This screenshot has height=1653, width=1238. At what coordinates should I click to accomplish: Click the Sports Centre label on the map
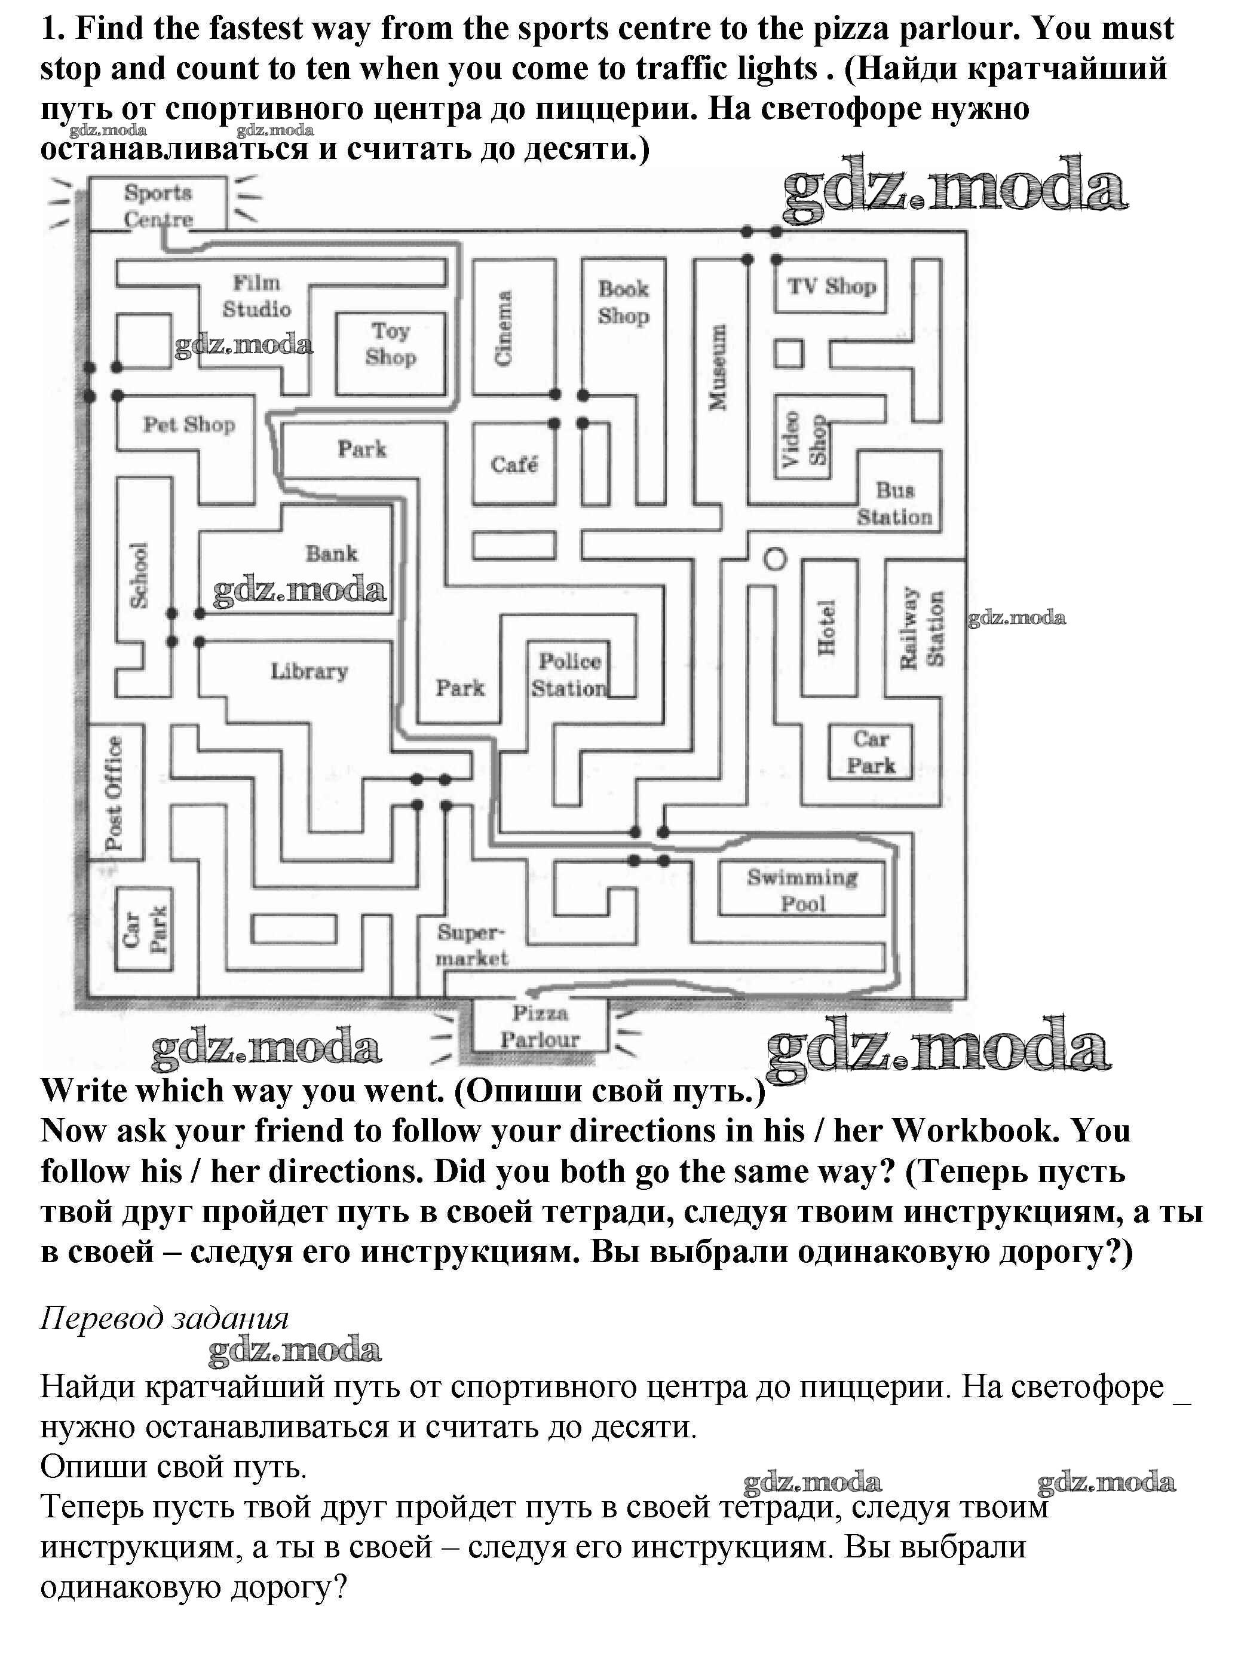coord(158,206)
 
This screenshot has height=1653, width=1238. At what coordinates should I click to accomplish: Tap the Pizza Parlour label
coord(540,1026)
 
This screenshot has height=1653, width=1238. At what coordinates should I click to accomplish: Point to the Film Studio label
coord(256,296)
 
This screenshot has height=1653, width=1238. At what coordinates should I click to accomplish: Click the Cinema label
coord(504,328)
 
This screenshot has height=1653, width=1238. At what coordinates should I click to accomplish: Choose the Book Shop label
coord(623,302)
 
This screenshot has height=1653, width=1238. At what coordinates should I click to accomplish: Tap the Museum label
coord(717,367)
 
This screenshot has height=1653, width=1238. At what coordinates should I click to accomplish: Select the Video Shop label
coord(804,439)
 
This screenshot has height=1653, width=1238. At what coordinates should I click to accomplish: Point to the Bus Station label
coord(894,503)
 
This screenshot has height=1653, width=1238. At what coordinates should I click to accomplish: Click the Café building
coord(514,464)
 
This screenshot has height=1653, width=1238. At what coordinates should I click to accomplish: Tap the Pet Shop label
coord(189,424)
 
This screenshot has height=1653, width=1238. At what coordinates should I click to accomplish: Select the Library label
coord(308,671)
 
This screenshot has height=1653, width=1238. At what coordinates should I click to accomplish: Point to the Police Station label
coord(569,674)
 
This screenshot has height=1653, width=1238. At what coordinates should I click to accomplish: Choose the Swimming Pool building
coord(802,889)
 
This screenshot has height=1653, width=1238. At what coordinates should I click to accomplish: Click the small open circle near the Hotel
coord(776,558)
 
